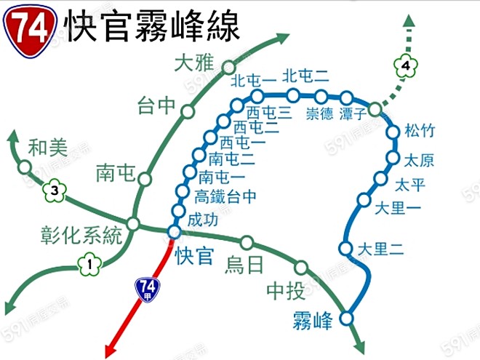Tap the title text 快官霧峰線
point(151,27)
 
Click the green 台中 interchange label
point(156,106)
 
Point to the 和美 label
point(48,148)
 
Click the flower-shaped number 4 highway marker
point(407,67)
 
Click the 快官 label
point(193,256)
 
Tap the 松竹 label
point(420,132)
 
